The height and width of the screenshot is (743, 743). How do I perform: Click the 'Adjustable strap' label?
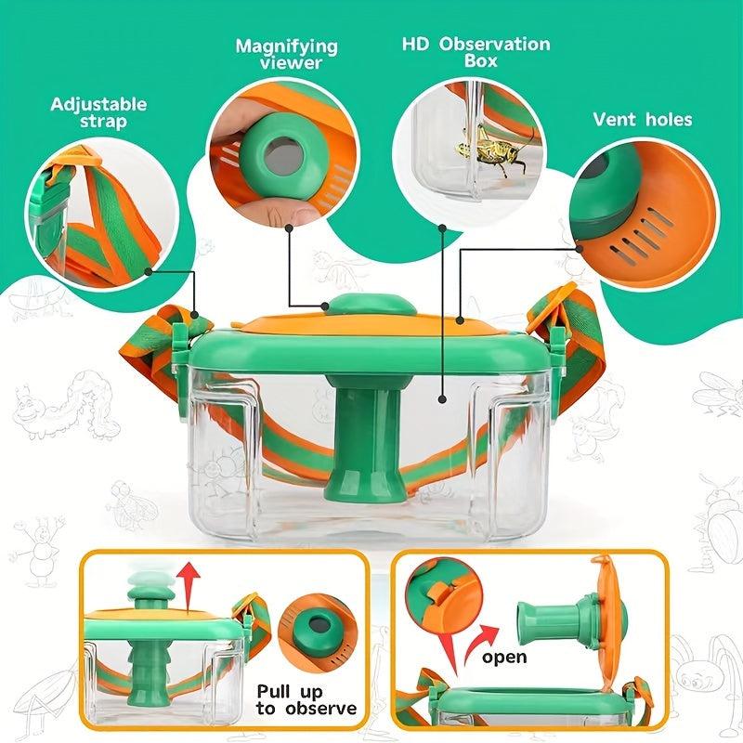pyautogui.click(x=98, y=112)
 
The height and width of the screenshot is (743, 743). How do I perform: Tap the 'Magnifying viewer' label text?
pyautogui.click(x=287, y=54)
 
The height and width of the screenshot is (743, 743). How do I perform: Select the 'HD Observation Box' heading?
pyautogui.click(x=476, y=52)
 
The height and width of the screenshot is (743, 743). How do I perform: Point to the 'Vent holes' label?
pyautogui.click(x=642, y=120)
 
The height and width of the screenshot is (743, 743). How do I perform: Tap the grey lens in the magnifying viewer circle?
pyautogui.click(x=283, y=155)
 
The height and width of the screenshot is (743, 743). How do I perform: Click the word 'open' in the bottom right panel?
pyautogui.click(x=504, y=658)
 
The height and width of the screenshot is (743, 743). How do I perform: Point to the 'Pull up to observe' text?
pyautogui.click(x=306, y=700)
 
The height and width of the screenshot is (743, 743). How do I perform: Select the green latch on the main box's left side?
pyautogui.click(x=180, y=345)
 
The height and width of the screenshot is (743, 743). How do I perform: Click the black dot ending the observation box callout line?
pyautogui.click(x=443, y=399)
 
